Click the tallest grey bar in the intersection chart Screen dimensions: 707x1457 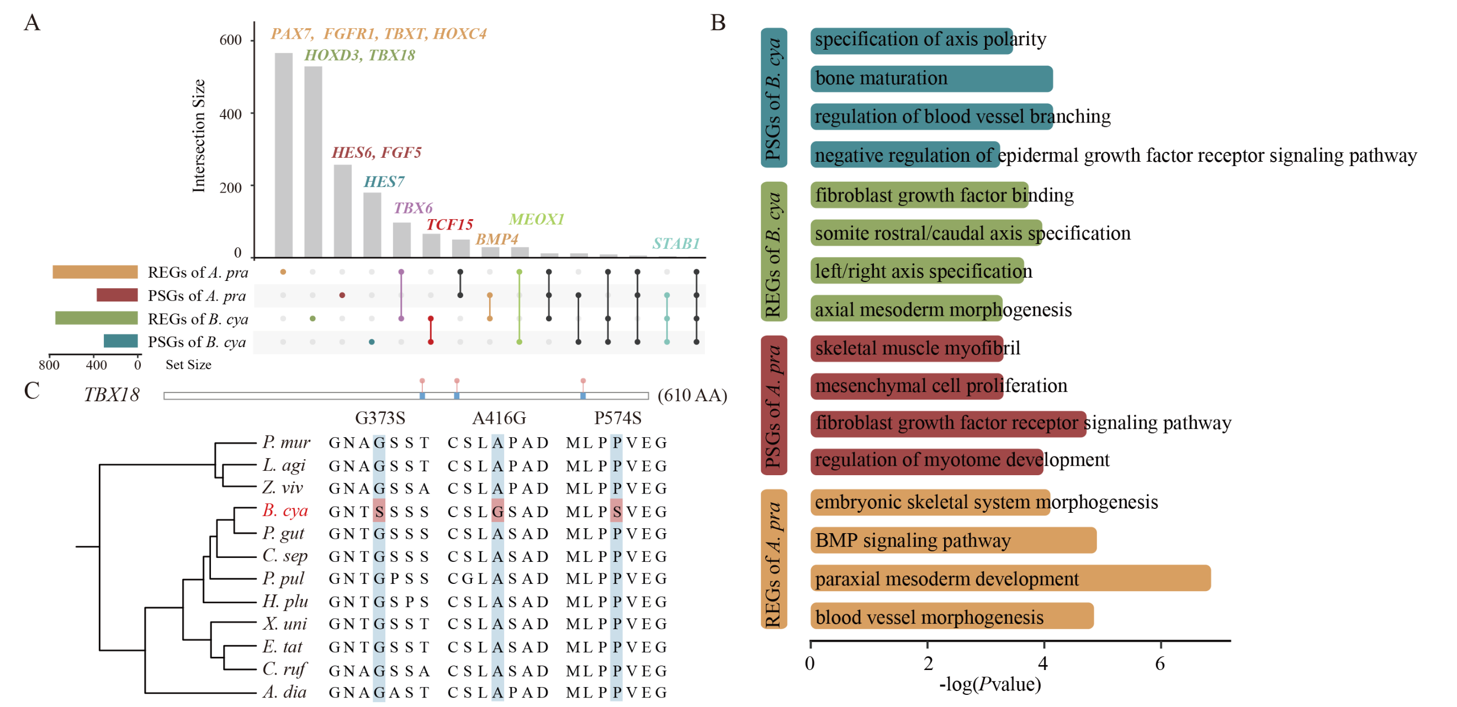283,155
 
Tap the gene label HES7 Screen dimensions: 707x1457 384,182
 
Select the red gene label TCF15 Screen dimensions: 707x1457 449,225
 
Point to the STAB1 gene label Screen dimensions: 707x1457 676,243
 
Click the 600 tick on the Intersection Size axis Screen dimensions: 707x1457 230,40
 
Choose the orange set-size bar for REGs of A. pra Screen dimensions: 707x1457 95,272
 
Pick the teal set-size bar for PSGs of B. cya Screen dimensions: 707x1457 120,341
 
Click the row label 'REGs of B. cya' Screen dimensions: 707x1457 198,319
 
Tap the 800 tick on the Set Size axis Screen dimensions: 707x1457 49,365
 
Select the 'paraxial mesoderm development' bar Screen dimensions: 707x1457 1010,578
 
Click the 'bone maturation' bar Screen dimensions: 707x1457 931,78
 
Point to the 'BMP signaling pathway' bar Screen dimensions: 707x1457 953,540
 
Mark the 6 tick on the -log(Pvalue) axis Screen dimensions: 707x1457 1160,663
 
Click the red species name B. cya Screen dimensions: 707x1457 285,510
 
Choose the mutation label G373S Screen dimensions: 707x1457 380,418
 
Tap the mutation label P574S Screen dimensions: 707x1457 618,418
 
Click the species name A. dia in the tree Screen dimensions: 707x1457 284,692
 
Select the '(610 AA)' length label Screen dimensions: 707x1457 692,395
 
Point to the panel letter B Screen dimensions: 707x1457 718,23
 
